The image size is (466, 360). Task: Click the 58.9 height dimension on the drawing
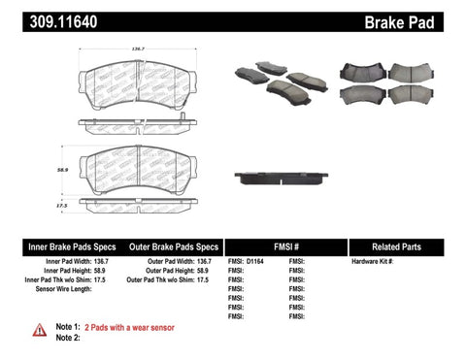(x=63, y=168)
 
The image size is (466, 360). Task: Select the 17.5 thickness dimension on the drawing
(x=61, y=204)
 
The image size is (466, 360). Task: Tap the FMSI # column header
(x=284, y=247)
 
